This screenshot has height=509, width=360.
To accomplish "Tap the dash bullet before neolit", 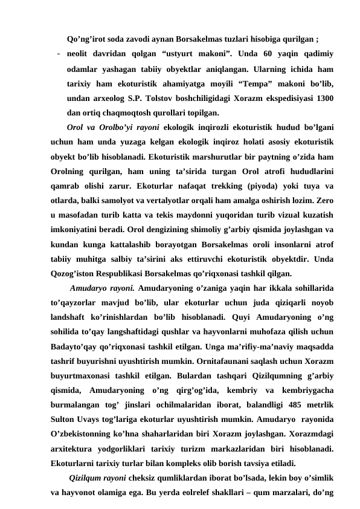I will click(x=56, y=53).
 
